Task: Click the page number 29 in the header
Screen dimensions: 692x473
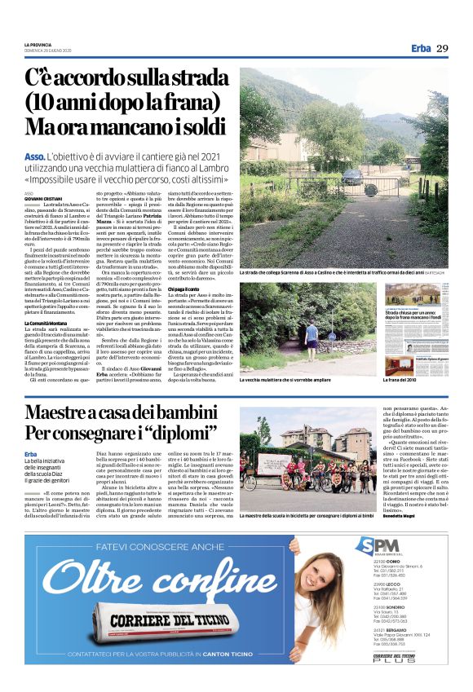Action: click(442, 48)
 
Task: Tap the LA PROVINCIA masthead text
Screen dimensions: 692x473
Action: click(38, 44)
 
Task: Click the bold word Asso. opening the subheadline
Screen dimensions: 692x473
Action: click(34, 155)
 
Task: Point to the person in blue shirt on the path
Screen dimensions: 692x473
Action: click(311, 332)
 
